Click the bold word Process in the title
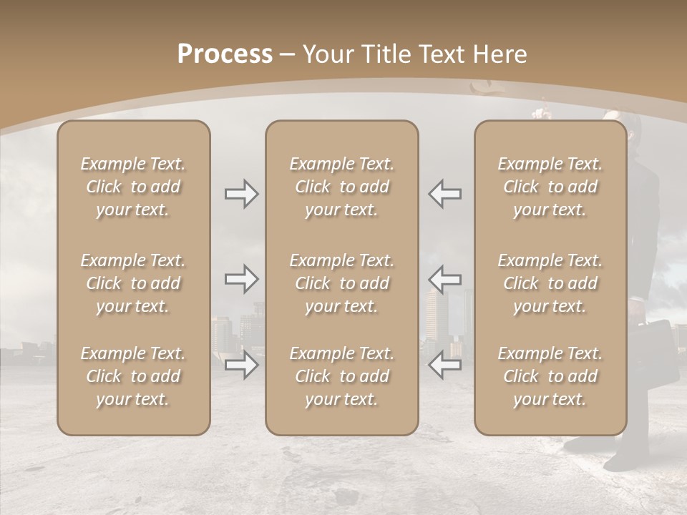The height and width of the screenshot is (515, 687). tap(225, 54)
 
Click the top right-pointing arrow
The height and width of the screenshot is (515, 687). tap(242, 194)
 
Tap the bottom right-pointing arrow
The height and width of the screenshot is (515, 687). tap(242, 365)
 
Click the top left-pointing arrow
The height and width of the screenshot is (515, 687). tap(444, 194)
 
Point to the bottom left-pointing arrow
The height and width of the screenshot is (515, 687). tap(444, 365)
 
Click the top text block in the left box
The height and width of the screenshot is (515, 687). tap(133, 187)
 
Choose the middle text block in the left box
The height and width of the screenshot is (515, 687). tap(133, 283)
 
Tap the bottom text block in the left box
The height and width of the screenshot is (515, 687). tap(133, 376)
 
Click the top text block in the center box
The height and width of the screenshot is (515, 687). tap(341, 187)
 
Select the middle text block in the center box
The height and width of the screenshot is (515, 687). tap(341, 283)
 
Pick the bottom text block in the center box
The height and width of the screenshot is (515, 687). tap(341, 376)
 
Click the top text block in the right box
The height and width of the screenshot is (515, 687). tap(550, 187)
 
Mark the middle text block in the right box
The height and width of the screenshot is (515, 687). tap(550, 283)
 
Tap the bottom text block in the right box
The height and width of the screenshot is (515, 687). tap(550, 376)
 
